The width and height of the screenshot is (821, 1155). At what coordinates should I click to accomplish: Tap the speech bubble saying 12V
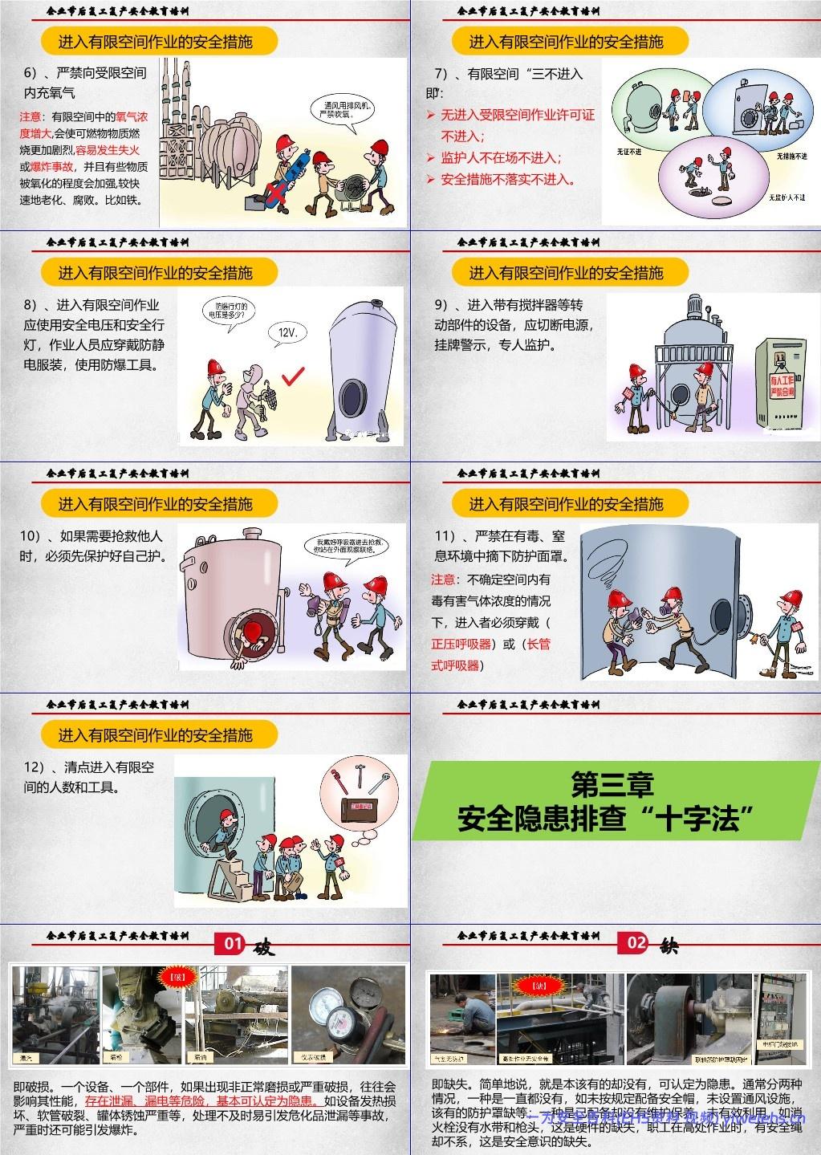[x=287, y=332]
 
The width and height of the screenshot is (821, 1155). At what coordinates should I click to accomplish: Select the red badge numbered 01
[x=233, y=943]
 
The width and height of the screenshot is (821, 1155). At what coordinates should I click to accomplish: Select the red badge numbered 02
[x=636, y=943]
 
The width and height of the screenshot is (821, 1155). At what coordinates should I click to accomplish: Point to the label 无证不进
[x=628, y=151]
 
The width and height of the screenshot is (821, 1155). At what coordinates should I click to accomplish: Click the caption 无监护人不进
[x=786, y=197]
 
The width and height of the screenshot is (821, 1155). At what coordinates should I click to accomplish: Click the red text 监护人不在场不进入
[x=502, y=158]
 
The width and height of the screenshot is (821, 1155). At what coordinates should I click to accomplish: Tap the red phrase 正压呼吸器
[x=461, y=644]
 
